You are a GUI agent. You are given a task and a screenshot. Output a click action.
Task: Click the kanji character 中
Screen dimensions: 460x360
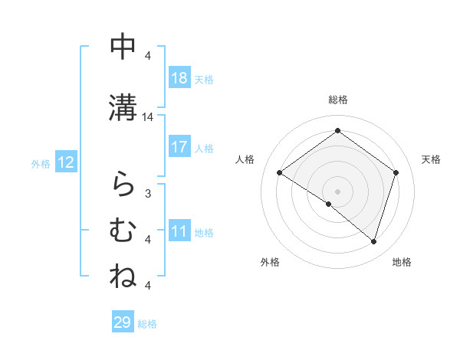pyautogui.click(x=123, y=47)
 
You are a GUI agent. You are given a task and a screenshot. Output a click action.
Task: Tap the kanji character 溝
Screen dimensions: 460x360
pyautogui.click(x=123, y=107)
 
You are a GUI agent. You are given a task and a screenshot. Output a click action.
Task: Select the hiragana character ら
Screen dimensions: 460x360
pyautogui.click(x=123, y=184)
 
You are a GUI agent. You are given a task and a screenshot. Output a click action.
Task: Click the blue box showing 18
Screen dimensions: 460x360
pyautogui.click(x=179, y=78)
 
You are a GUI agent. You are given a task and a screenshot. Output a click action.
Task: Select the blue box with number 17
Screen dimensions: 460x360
pyautogui.click(x=179, y=147)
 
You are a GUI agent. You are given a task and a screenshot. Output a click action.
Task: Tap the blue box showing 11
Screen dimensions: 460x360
pyautogui.click(x=179, y=231)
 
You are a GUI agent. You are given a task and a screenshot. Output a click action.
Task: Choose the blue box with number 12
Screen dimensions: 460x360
pyautogui.click(x=66, y=162)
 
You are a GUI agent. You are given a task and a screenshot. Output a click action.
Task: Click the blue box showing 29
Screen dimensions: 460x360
pyautogui.click(x=123, y=322)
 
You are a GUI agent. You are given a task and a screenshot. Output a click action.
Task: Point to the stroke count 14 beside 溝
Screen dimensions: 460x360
pyautogui.click(x=148, y=117)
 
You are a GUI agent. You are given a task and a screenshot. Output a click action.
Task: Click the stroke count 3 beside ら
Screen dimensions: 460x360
pyautogui.click(x=148, y=193)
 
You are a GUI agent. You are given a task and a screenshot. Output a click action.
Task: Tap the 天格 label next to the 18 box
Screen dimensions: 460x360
pyautogui.click(x=204, y=80)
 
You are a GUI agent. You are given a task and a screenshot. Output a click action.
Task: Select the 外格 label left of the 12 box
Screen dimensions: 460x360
pyautogui.click(x=41, y=163)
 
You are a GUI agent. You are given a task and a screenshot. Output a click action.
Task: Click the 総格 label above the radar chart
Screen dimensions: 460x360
pyautogui.click(x=337, y=100)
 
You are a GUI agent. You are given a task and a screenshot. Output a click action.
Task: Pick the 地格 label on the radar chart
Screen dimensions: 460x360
pyautogui.click(x=402, y=262)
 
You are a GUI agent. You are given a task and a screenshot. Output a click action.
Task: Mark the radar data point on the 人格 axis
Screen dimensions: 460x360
pyautogui.click(x=279, y=173)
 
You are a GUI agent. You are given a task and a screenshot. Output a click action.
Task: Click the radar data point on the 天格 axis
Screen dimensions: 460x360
pyautogui.click(x=396, y=172)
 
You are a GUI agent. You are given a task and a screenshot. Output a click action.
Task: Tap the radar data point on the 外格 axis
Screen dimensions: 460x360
pyautogui.click(x=329, y=204)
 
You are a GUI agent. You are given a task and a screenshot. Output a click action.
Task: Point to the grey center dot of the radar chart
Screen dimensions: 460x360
pyautogui.click(x=337, y=191)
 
